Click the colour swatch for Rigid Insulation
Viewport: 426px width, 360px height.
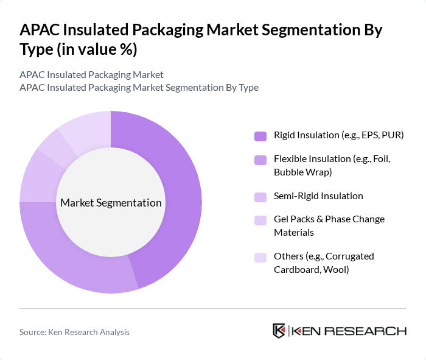260,135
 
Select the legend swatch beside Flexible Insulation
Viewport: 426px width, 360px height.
260,160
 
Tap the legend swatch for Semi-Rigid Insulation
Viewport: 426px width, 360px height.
260,196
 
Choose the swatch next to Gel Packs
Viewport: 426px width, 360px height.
260,219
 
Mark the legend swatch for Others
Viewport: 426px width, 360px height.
260,256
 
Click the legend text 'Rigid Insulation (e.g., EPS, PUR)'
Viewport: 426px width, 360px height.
338,135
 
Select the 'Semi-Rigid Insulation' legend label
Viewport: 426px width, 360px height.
318,196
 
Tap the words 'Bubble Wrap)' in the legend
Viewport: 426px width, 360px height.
302,172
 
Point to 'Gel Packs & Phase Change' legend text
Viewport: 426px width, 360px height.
329,219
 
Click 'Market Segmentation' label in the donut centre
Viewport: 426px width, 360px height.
111,203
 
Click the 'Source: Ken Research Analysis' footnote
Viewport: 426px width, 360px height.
74,332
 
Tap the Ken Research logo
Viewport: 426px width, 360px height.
340,331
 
